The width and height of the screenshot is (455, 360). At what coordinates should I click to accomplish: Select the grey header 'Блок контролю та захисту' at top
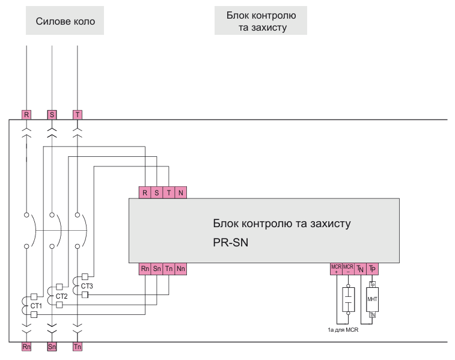click(x=261, y=20)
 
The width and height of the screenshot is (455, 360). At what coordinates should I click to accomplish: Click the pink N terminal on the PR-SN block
click(x=180, y=192)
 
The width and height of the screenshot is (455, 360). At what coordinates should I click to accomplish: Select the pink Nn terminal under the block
click(x=180, y=269)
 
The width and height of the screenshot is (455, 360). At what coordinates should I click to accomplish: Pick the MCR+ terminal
click(x=336, y=269)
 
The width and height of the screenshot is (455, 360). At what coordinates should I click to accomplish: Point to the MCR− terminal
click(x=348, y=269)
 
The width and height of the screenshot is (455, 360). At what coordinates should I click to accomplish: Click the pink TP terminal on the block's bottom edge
click(x=372, y=269)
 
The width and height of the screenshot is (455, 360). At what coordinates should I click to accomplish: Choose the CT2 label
click(x=61, y=296)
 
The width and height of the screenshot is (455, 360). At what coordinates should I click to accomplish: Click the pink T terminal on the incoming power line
click(x=77, y=114)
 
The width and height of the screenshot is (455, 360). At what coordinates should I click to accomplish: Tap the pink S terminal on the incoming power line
click(x=52, y=114)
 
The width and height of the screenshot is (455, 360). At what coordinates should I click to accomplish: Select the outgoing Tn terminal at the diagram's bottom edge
click(x=77, y=347)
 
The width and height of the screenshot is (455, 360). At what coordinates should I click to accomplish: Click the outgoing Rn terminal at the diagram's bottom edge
click(x=26, y=347)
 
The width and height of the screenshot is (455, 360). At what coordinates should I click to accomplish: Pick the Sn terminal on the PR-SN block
click(x=156, y=269)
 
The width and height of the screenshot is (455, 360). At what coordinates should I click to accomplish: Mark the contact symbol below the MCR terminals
click(x=348, y=299)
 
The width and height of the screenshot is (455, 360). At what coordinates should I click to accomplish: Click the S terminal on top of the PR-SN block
click(x=156, y=192)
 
